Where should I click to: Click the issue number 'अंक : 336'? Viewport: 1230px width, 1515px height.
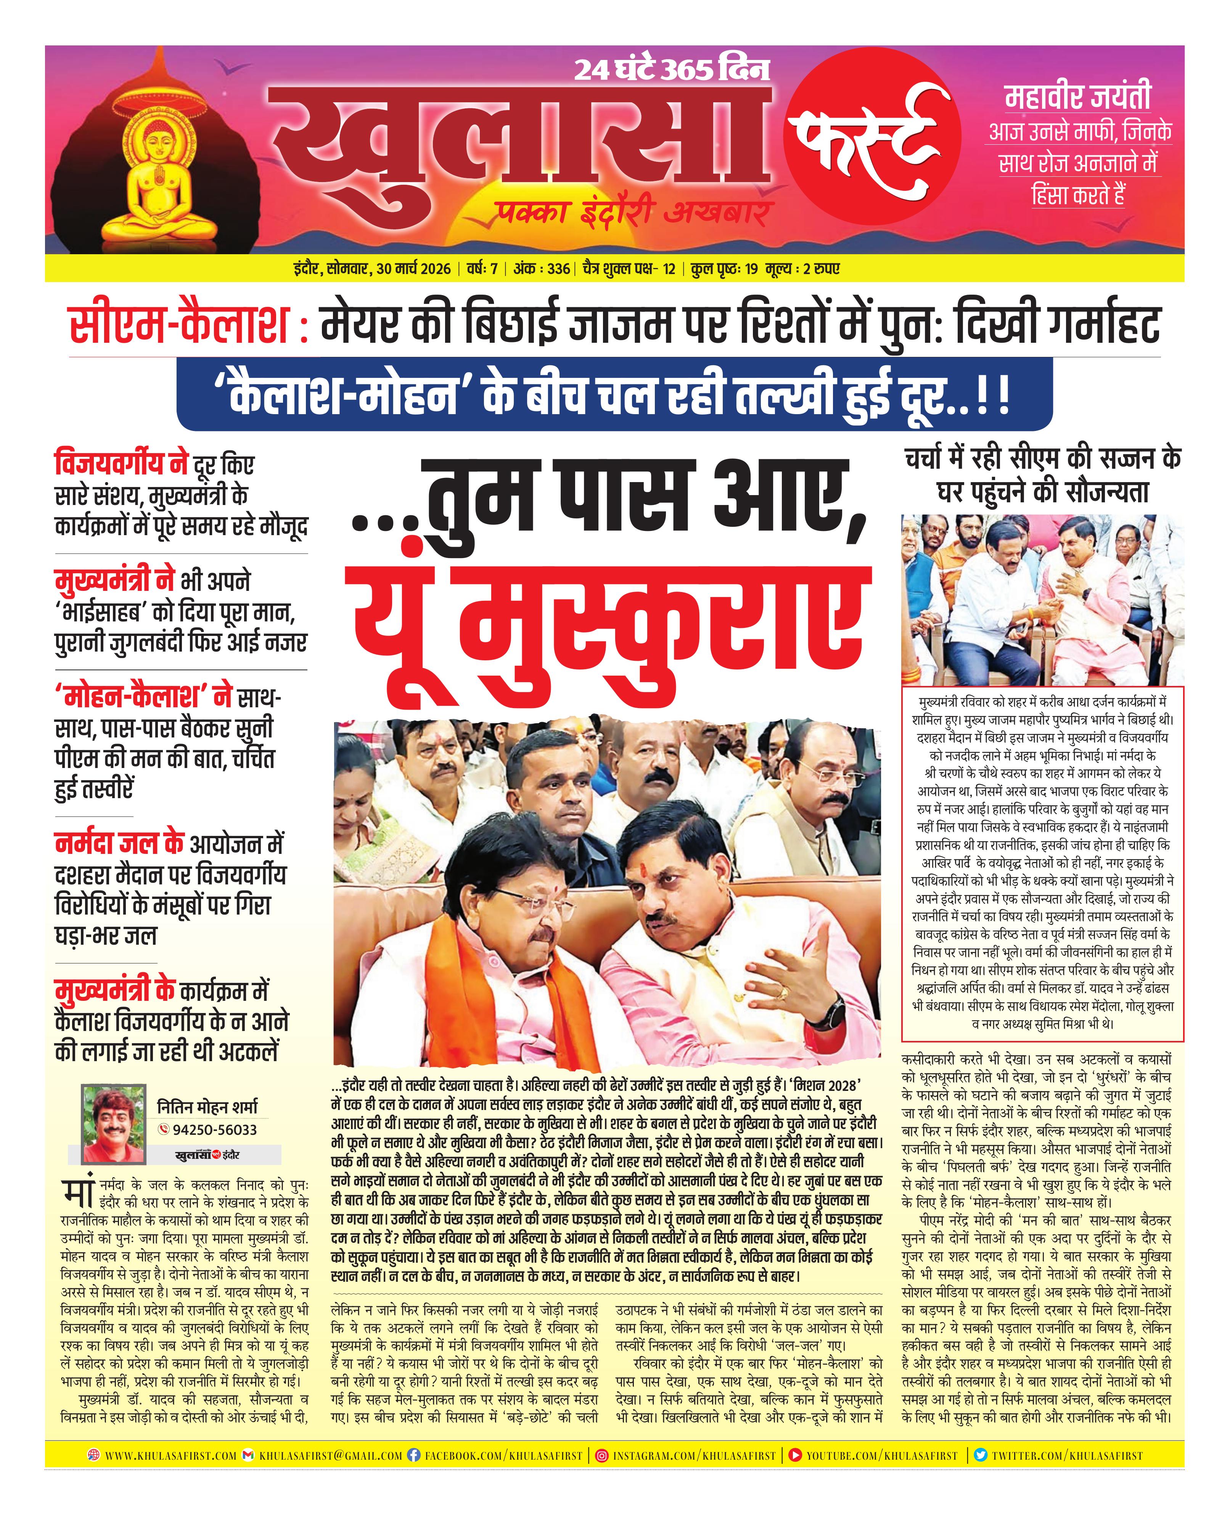[x=541, y=269]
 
